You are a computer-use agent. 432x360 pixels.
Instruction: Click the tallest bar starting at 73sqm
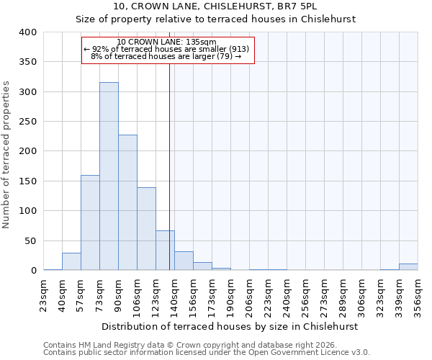(x=109, y=176)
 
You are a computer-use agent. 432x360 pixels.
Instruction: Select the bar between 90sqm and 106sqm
(x=127, y=202)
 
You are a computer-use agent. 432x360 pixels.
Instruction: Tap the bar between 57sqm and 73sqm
(x=90, y=222)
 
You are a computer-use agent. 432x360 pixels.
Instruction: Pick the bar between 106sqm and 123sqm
(x=146, y=229)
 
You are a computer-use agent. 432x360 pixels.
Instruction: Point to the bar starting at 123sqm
(x=165, y=251)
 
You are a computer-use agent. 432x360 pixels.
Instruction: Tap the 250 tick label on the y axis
(x=27, y=122)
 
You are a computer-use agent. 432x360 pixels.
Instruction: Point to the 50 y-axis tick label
(x=30, y=240)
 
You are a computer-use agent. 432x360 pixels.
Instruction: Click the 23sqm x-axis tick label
(x=43, y=294)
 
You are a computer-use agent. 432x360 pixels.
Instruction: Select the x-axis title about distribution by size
(x=230, y=326)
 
